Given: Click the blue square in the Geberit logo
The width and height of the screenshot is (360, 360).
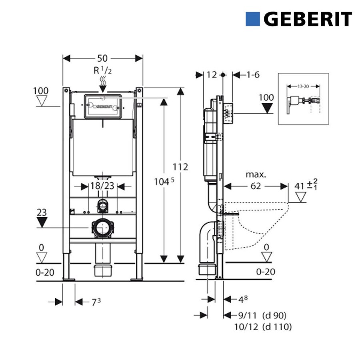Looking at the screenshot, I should (253, 19).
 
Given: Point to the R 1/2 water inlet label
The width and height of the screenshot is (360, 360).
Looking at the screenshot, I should (103, 71).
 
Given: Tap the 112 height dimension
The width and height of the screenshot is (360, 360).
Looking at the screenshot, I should (180, 167).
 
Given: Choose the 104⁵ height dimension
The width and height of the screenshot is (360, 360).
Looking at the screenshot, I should (164, 182).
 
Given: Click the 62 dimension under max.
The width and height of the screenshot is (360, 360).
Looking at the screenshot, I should (256, 186).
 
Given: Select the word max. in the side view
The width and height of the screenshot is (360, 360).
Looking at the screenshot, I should (256, 175).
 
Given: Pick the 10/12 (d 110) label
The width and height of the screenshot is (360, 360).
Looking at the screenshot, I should (263, 327).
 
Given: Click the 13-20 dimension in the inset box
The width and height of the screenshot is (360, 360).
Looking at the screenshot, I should (303, 86).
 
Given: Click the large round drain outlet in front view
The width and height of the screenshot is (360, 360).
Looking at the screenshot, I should (102, 228).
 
